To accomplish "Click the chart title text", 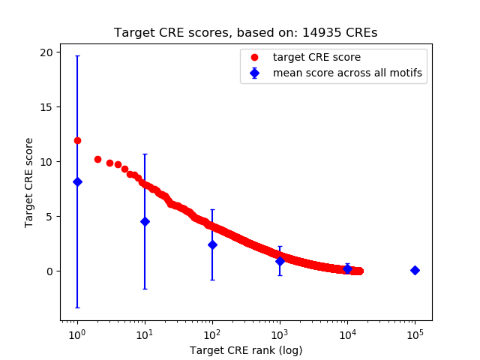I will (246, 33).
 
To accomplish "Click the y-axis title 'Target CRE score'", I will (29, 182).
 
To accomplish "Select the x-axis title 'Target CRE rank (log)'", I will (246, 350).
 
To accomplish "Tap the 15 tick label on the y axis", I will (46, 107).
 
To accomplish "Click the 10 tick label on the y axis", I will (46, 162).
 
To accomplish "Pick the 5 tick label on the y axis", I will (49, 217).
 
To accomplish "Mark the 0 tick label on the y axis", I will (49, 271).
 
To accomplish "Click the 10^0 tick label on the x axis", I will (76, 333).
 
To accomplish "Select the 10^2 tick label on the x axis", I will (212, 333).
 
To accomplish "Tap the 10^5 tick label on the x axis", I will (415, 333).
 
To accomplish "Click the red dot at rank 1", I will (77, 140).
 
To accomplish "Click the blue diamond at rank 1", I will (77, 181).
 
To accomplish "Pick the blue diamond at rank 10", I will (145, 221).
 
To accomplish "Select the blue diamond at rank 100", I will (212, 244).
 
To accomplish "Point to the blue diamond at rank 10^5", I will (415, 270).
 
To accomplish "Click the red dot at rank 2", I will (97, 159).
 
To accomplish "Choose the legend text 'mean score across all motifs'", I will (347, 73).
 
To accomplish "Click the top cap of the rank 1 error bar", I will (77, 56).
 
